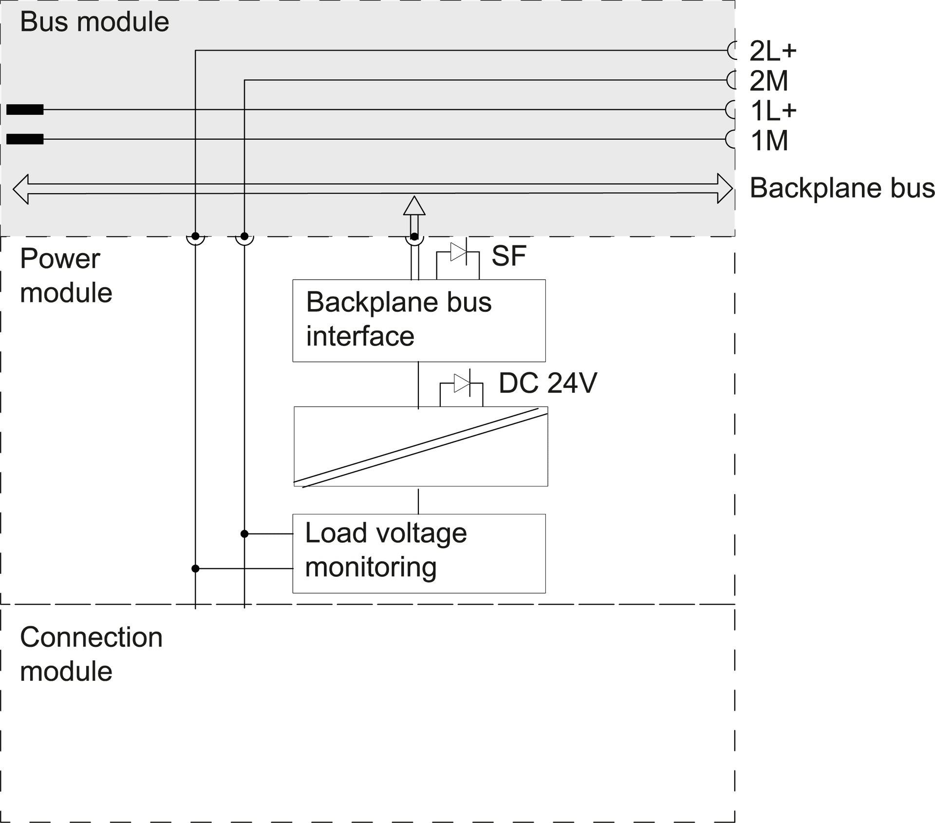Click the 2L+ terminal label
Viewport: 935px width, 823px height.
pyautogui.click(x=773, y=51)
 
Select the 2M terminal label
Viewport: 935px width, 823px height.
pyautogui.click(x=768, y=81)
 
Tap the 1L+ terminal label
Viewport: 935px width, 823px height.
pyautogui.click(x=773, y=110)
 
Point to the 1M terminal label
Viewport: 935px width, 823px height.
pyautogui.click(x=769, y=141)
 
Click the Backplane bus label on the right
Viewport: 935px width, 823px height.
pyautogui.click(x=842, y=188)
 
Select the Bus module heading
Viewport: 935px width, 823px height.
pyautogui.click(x=94, y=22)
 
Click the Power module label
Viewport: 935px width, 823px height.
pyautogui.click(x=66, y=275)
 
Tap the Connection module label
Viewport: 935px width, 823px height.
pyautogui.click(x=91, y=654)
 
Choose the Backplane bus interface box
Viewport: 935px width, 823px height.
pyautogui.click(x=419, y=320)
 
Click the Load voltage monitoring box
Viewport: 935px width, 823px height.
pyautogui.click(x=419, y=553)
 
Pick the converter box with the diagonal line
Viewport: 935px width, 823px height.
pyautogui.click(x=421, y=446)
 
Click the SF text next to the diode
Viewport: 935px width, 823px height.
pyautogui.click(x=509, y=256)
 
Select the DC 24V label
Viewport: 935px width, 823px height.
pyautogui.click(x=548, y=383)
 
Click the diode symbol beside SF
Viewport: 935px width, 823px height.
pyautogui.click(x=458, y=252)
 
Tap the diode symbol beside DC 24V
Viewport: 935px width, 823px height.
pyautogui.click(x=462, y=383)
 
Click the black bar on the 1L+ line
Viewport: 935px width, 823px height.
pyautogui.click(x=25, y=110)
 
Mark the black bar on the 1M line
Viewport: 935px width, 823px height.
pyautogui.click(x=25, y=139)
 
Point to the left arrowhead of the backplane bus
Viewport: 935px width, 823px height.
pyautogui.click(x=21, y=189)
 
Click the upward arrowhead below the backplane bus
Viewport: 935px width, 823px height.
pyautogui.click(x=414, y=206)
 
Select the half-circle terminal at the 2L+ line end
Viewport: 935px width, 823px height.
pyautogui.click(x=731, y=50)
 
